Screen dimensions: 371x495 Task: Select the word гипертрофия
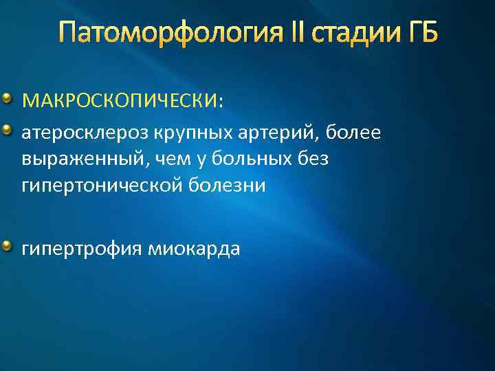pyautogui.click(x=80, y=248)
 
